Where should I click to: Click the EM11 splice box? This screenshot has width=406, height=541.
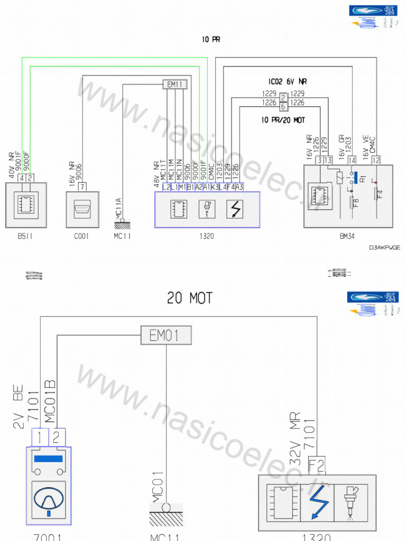[174, 84]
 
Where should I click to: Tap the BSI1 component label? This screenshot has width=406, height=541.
[25, 236]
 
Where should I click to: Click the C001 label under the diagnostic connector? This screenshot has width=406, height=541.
[81, 236]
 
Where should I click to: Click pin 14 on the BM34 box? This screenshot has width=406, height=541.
[352, 160]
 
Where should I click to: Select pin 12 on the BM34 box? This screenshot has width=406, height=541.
[376, 160]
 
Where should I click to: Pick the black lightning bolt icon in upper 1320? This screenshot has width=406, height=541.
[234, 209]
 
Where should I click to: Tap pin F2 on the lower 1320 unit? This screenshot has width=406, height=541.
[316, 465]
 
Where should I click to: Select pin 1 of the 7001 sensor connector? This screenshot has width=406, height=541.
[41, 436]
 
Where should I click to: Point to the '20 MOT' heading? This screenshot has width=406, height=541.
[190, 299]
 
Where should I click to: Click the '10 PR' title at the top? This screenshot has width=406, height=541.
[210, 39]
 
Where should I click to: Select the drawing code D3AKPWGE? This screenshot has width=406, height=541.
[385, 247]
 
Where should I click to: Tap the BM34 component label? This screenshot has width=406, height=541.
[348, 236]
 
